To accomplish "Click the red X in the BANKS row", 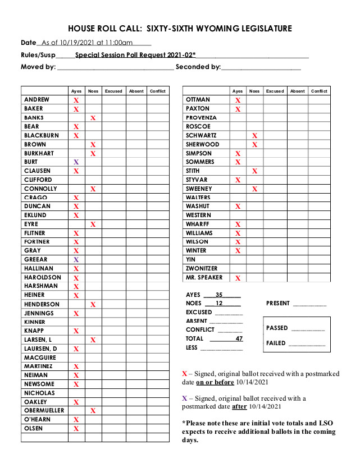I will tap(93, 118).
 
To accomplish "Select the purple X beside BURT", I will tap(76, 162).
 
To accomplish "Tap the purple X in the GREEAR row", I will tap(76, 260).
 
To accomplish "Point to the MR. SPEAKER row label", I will tap(204, 277).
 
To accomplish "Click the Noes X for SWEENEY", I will tap(254, 189).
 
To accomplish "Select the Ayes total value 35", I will tap(219, 295).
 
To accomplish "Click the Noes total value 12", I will tap(219, 304).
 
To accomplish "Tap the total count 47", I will tap(239, 339).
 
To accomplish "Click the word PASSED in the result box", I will tap(277, 328).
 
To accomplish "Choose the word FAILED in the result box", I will tap(276, 343).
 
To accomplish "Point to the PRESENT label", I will tap(278, 304).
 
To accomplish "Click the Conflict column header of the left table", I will tap(157, 91).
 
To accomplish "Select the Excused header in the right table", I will tap(275, 91).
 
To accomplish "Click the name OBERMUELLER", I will tap(44, 411).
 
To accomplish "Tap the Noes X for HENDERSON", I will tap(93, 305).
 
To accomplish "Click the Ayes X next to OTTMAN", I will tap(238, 100).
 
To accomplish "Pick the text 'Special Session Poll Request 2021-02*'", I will tap(135, 55).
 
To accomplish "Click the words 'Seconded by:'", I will tap(198, 67).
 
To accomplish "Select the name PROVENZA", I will tap(201, 118).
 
